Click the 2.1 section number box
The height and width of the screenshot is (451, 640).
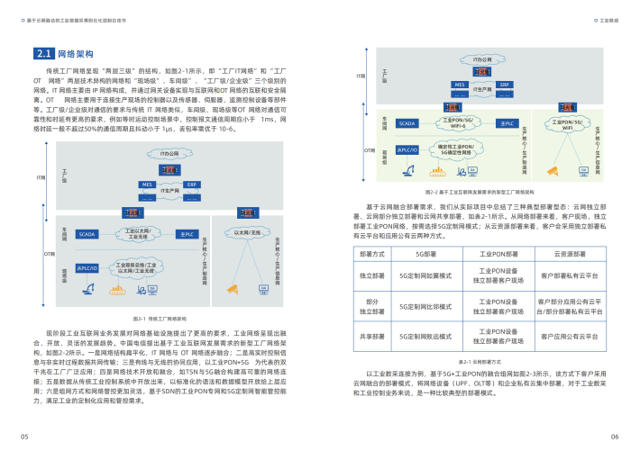pos(42,54)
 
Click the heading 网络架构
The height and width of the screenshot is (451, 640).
pos(76,54)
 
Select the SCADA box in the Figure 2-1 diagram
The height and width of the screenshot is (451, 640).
pos(87,233)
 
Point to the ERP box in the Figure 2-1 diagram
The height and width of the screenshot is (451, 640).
pos(191,184)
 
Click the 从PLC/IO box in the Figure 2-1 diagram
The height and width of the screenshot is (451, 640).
pos(87,268)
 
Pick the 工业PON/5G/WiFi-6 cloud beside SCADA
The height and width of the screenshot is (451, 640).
pos(461,122)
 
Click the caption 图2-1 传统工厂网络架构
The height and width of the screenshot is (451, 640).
pos(160,318)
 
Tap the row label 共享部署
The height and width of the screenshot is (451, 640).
pos(371,336)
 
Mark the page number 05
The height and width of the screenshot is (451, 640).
pos(26,436)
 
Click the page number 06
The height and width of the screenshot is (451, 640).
pos(614,436)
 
